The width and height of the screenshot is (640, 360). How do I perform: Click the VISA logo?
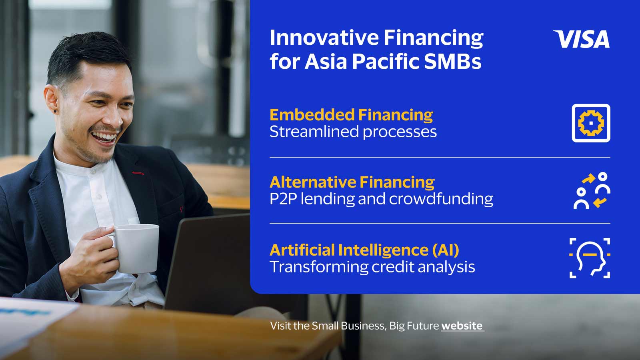(x=582, y=39)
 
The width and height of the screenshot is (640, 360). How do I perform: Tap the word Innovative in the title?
(x=324, y=38)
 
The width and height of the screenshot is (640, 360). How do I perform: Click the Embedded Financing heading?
(x=351, y=115)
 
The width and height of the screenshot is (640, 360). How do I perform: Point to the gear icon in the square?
(x=591, y=123)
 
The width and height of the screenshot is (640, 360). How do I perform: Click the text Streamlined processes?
(x=353, y=132)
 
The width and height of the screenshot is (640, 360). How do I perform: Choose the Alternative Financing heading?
(x=352, y=182)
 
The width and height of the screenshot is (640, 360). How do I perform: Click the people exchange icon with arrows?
(x=592, y=190)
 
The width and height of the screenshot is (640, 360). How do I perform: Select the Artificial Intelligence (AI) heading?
(x=364, y=250)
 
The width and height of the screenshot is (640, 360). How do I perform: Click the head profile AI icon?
(x=590, y=258)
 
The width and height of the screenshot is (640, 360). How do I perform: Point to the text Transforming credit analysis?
(x=372, y=267)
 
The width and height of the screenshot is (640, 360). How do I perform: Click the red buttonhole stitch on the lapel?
(x=138, y=173)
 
